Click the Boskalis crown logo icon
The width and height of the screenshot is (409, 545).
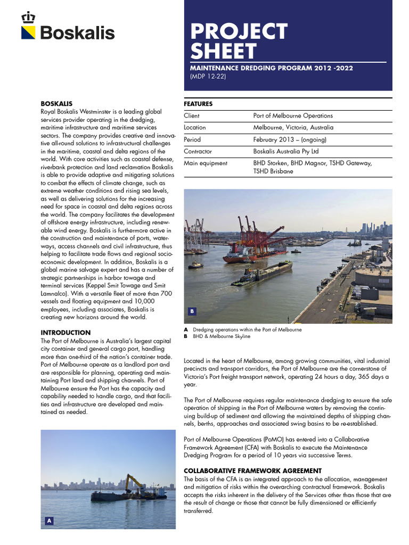pyautogui.click(x=28, y=18)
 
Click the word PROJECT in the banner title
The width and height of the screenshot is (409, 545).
pyautogui.click(x=239, y=31)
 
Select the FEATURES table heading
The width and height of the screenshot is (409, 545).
pyautogui.click(x=198, y=104)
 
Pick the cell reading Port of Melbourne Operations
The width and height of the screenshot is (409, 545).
pyautogui.click(x=293, y=115)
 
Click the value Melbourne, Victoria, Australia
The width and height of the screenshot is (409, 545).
pyautogui.click(x=293, y=128)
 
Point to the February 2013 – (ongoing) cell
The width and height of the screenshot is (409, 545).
pyautogui.click(x=290, y=139)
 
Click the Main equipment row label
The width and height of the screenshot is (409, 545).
pyautogui.click(x=206, y=163)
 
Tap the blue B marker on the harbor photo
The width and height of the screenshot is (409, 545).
pyautogui.click(x=192, y=311)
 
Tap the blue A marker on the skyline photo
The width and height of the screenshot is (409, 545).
pyautogui.click(x=48, y=521)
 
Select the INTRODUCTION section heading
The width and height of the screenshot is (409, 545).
pyautogui.click(x=66, y=333)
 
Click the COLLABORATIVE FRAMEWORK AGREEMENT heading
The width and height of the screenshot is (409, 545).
pyautogui.click(x=252, y=470)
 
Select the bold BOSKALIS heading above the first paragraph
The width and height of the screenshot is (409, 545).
pyautogui.click(x=56, y=103)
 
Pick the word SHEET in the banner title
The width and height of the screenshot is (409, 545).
pyautogui.click(x=224, y=52)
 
